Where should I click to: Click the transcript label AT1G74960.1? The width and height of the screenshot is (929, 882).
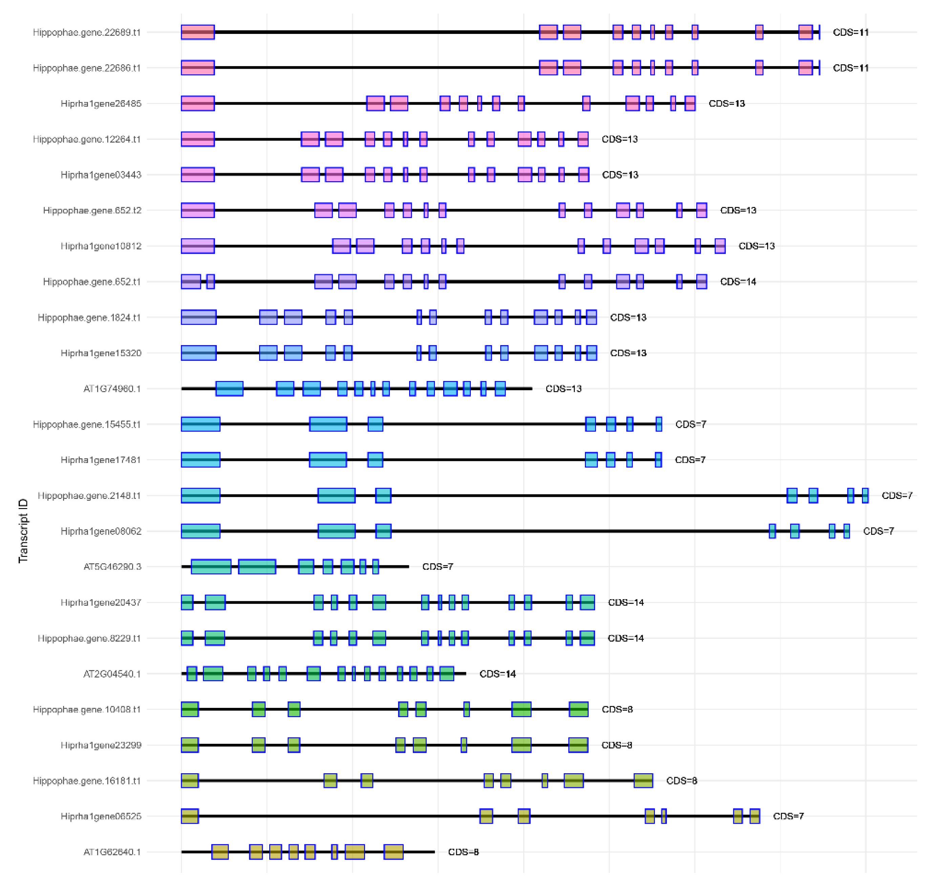coord(112,389)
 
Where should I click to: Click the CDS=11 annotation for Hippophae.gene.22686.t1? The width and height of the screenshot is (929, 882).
coord(850,68)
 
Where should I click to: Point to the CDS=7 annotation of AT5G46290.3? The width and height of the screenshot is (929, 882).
coord(437,567)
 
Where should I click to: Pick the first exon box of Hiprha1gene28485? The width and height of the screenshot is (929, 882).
coord(198,103)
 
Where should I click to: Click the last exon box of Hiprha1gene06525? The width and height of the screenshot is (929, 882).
coord(755,816)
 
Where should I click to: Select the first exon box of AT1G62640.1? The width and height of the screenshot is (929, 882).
coord(220,852)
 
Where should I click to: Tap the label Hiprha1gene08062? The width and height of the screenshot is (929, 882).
coord(101,531)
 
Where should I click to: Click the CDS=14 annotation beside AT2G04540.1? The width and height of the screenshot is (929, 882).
coord(498,674)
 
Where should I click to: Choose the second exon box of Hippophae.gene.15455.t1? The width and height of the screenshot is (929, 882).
coord(328,424)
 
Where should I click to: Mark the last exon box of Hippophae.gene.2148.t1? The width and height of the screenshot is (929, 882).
coord(865,496)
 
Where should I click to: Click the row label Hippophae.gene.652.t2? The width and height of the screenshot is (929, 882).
coord(92,210)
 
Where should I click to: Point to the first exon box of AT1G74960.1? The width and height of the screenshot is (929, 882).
coord(229,389)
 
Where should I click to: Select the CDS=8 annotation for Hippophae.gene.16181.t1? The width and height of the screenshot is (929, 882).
coord(681,780)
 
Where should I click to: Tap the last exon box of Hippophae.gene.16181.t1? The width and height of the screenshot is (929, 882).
coord(643,780)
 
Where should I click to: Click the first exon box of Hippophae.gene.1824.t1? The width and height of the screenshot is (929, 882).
coord(199,317)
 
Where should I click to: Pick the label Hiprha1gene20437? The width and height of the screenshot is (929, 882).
coord(101,602)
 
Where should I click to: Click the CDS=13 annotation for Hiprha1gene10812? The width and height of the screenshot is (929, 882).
coord(757,246)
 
